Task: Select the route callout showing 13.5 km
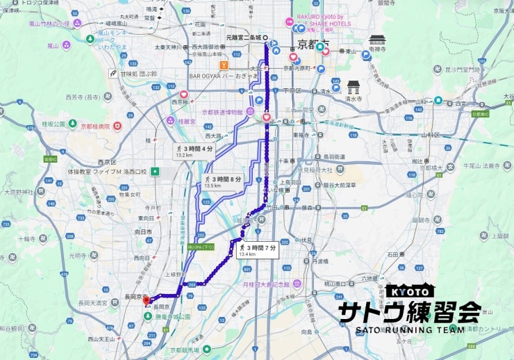click(x=222, y=182)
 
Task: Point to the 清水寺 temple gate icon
click(x=354, y=86)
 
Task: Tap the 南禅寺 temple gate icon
click(x=377, y=40)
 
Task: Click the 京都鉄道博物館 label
click(x=222, y=112)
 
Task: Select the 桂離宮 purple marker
click(x=171, y=120)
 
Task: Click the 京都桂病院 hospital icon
click(x=117, y=126)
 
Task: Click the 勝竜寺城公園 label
click(x=169, y=316)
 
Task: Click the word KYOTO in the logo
click(x=410, y=293)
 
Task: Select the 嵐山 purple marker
click(x=66, y=46)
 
